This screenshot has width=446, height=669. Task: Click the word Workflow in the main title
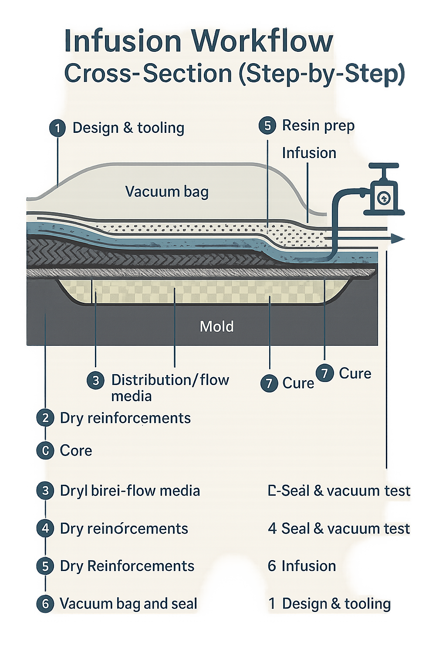coord(262,41)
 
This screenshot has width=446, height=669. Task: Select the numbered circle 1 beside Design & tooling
coord(57,128)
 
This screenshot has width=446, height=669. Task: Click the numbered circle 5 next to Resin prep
coord(267,126)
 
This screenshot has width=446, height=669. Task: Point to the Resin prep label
coord(318,125)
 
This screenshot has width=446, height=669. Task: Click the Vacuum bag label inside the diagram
coord(167,192)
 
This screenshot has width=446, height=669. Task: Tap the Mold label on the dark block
coord(216,326)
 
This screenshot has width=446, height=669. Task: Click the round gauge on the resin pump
coord(383,198)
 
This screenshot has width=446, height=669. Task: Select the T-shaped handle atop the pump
coord(384,166)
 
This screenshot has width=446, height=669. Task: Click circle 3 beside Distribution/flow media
coord(95,381)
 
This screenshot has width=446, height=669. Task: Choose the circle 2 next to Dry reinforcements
coord(45,418)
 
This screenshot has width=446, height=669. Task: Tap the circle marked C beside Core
coord(45,450)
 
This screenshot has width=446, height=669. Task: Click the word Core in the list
coord(76,450)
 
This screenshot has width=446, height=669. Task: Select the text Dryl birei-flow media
coord(130,491)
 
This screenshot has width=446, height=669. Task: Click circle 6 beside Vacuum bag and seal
coord(45,604)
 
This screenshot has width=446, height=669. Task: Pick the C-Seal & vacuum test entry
coord(339,491)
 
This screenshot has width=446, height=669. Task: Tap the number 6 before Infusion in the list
coord(272,566)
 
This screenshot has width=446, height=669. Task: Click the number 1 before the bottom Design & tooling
coord(272,604)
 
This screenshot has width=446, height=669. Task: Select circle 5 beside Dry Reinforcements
coord(45,566)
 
